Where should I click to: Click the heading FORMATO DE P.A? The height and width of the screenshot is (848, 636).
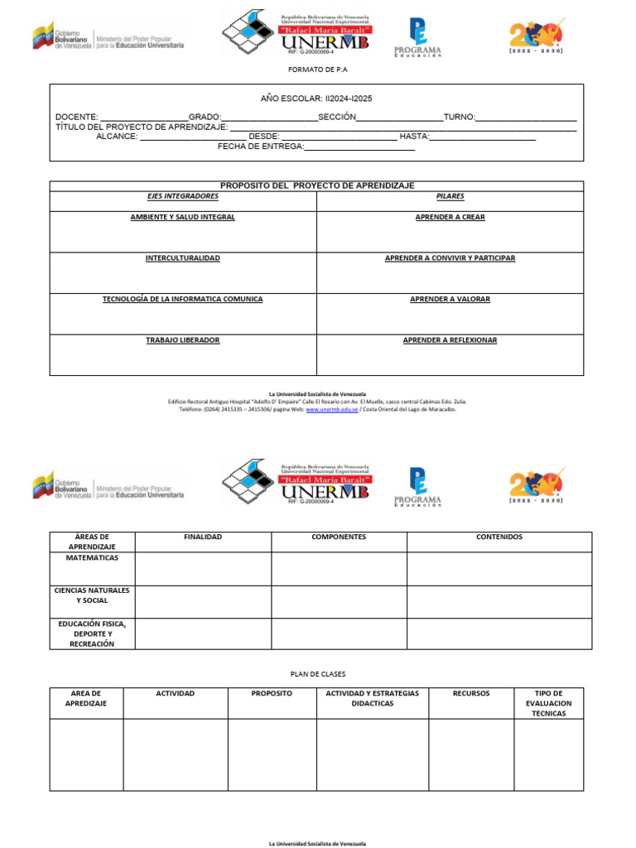[x=317, y=70]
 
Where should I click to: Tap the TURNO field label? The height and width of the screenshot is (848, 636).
[x=459, y=118]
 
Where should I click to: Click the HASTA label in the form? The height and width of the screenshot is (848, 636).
[x=414, y=137]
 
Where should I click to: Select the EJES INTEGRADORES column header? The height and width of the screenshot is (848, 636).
[x=183, y=197]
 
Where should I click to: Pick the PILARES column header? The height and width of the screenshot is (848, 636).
[x=450, y=197]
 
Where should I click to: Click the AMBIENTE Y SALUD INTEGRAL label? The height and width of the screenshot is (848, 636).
[x=183, y=217]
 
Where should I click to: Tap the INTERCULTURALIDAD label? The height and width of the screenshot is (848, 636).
[x=183, y=258]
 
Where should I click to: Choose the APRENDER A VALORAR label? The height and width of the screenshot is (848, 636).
[x=450, y=299]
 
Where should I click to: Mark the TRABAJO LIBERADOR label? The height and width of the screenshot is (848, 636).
[x=183, y=340]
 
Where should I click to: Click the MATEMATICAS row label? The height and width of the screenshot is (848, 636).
[x=92, y=558]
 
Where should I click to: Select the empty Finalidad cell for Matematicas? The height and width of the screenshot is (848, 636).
[x=203, y=569]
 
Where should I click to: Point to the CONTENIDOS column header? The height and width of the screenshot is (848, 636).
[x=499, y=537]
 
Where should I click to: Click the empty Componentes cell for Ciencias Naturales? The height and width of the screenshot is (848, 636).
[x=339, y=602]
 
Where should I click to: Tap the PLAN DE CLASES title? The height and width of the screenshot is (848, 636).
[x=317, y=674]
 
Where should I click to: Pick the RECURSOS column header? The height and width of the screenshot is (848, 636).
[x=471, y=694]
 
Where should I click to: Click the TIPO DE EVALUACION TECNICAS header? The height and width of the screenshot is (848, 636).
[x=548, y=703]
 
